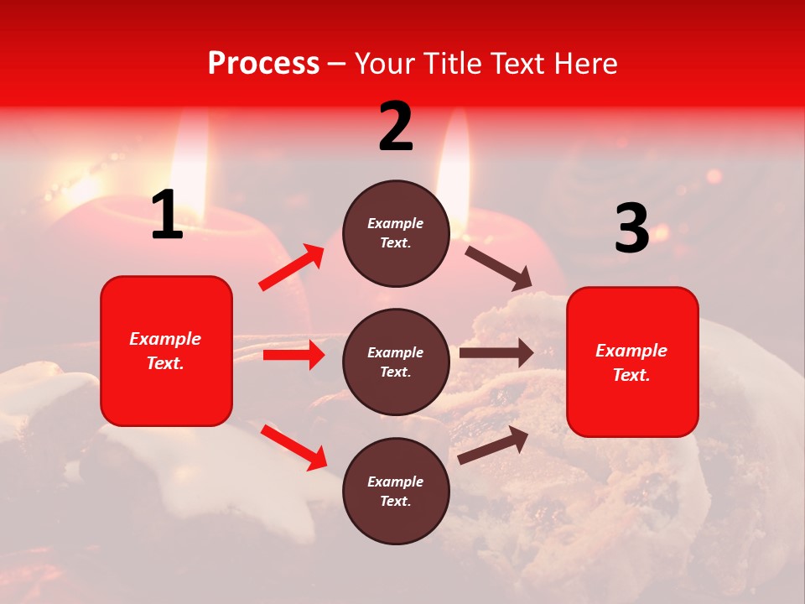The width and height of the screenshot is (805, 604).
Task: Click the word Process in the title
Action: [x=263, y=64]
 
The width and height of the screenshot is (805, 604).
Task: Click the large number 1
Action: [x=167, y=216]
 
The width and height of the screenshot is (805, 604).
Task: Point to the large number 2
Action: [x=396, y=127]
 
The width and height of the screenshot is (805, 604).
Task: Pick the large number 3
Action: [x=631, y=229]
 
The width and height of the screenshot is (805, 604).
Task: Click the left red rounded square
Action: [x=166, y=351]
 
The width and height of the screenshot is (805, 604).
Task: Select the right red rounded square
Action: [x=632, y=362]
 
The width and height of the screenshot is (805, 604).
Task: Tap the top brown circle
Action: [x=396, y=233]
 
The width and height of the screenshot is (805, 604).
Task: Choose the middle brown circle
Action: [x=396, y=362]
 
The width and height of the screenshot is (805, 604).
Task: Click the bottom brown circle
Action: [x=396, y=491]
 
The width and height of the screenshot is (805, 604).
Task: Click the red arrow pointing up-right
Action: [x=292, y=268]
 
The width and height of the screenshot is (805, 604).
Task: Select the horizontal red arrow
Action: [x=293, y=355]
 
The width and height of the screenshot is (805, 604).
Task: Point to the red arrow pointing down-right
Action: [x=293, y=447]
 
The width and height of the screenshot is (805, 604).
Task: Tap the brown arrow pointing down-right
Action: [x=498, y=268]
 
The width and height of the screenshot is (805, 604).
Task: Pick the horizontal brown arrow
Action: [x=496, y=353]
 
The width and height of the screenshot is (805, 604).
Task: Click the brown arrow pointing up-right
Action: [x=493, y=445]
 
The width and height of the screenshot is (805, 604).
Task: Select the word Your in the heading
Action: [x=384, y=64]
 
